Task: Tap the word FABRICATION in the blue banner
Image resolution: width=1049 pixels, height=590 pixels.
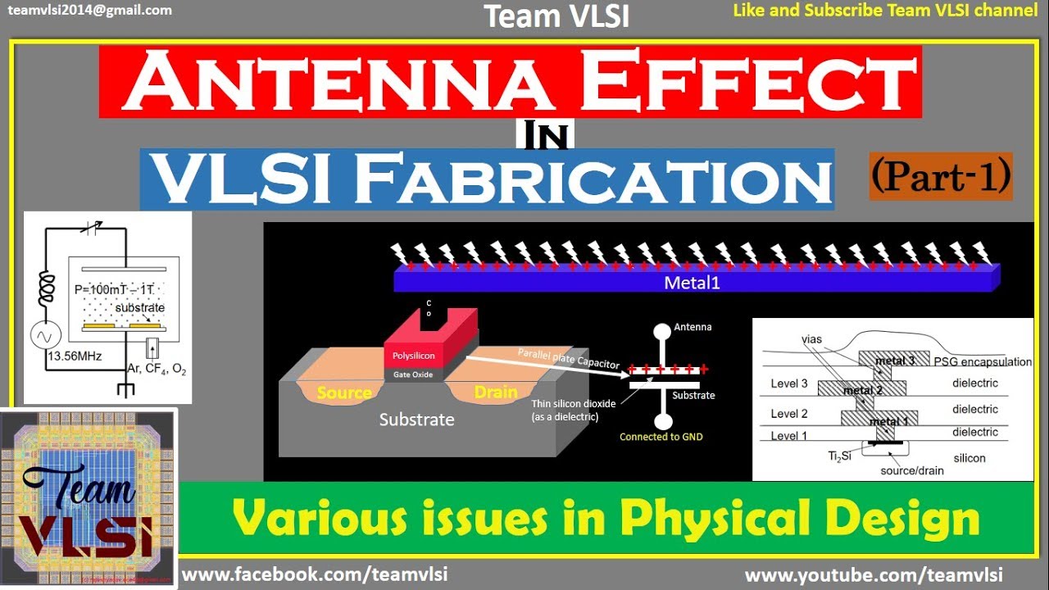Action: tap(593, 179)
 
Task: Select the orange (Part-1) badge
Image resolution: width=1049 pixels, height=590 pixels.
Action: tap(940, 176)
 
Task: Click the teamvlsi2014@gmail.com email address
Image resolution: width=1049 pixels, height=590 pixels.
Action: tap(89, 11)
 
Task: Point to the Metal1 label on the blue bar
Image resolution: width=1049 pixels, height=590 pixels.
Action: tap(693, 283)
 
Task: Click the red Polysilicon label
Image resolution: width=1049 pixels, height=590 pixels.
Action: tap(414, 356)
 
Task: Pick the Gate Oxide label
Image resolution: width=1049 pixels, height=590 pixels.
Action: tap(414, 374)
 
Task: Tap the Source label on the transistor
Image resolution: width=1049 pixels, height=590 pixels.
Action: tap(344, 393)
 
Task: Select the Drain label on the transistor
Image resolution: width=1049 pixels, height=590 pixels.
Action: tap(496, 393)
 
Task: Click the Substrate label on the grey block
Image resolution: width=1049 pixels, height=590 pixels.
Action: tap(416, 420)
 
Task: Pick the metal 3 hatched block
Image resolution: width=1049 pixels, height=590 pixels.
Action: tap(894, 360)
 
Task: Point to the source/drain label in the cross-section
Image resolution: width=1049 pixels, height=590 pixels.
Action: tap(911, 470)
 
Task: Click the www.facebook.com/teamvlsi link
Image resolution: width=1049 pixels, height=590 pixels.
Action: tap(315, 574)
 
